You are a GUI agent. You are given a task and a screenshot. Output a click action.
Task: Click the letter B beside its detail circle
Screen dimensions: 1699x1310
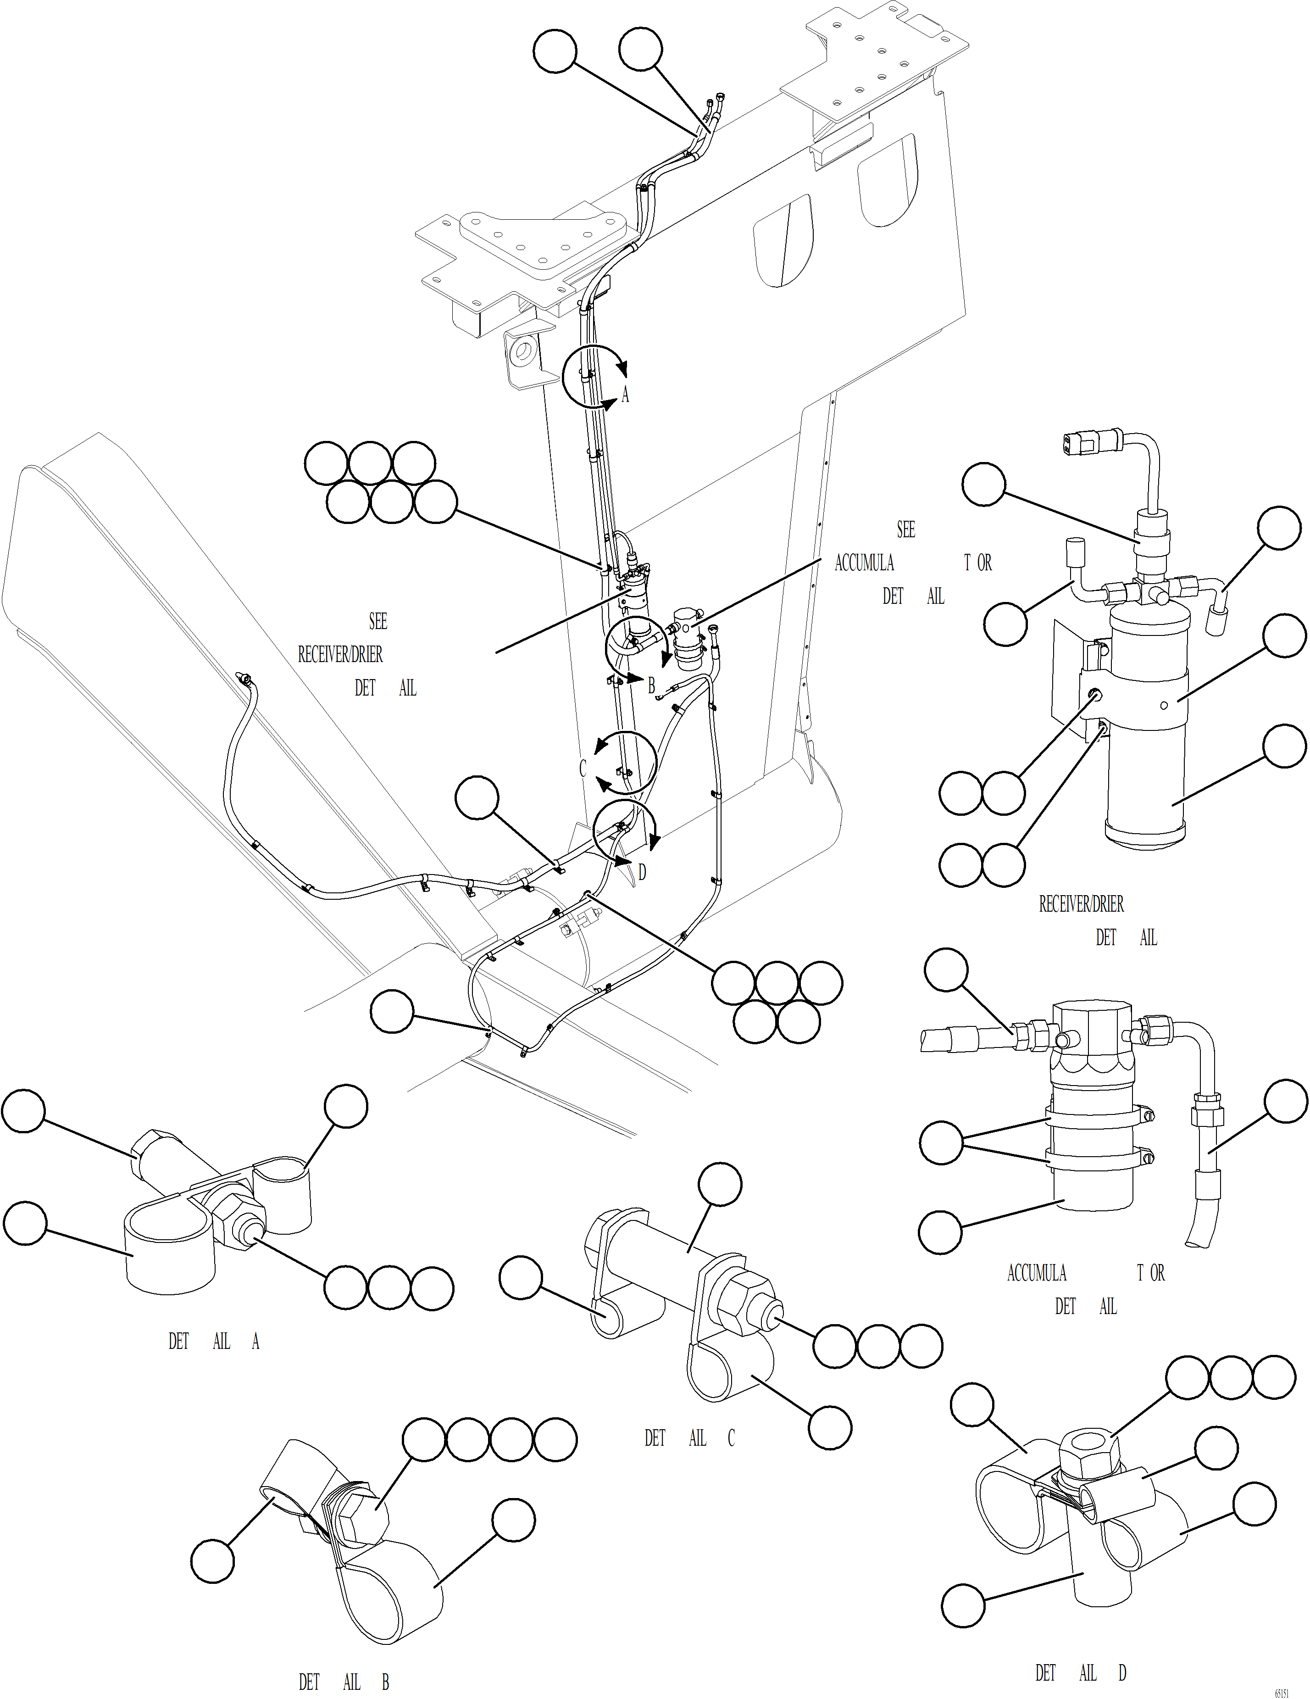[651, 685]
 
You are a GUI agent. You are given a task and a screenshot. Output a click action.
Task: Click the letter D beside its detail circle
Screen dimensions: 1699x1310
[642, 872]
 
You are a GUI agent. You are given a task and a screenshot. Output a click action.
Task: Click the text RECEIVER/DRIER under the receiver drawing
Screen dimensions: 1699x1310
[1081, 904]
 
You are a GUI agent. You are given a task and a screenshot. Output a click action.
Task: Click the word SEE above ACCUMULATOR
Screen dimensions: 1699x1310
[905, 530]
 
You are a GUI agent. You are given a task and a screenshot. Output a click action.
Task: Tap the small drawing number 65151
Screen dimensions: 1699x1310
[1281, 1693]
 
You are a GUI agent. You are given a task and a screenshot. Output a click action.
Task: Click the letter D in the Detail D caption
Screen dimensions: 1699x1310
[1122, 1672]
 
